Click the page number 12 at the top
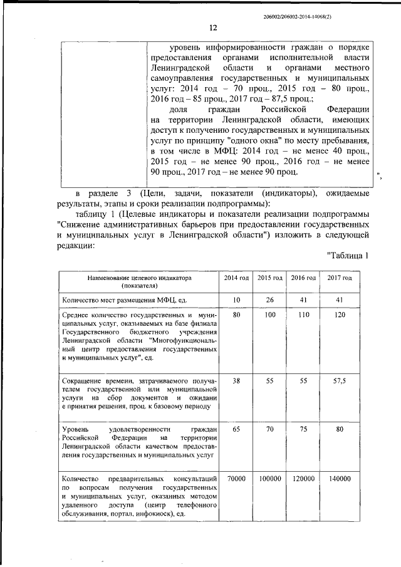click(212, 27)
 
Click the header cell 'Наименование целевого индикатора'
click(139, 277)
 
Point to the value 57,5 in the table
click(340, 381)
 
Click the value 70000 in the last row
click(236, 478)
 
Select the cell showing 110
click(304, 315)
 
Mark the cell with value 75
click(304, 430)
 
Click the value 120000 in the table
click(304, 478)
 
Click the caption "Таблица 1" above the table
click(351, 255)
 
